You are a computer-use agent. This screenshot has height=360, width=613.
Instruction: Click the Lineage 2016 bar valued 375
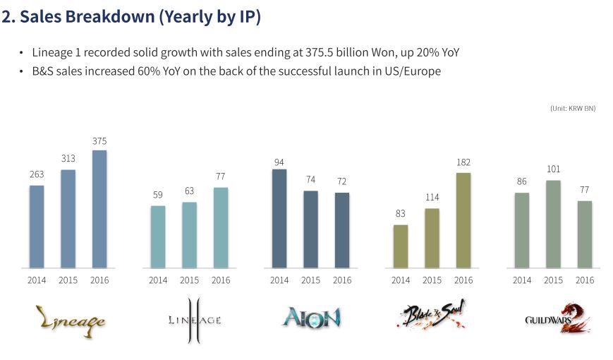pyautogui.click(x=99, y=209)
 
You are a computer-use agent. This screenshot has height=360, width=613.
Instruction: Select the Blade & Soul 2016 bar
pyautogui.click(x=463, y=220)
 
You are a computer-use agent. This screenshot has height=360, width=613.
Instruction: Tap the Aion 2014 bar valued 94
pyautogui.click(x=279, y=218)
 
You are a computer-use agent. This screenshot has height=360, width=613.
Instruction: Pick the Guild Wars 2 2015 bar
pyautogui.click(x=553, y=224)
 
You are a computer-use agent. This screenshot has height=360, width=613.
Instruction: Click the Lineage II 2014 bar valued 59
pyautogui.click(x=158, y=236)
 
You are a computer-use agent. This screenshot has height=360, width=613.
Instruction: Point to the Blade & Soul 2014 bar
pyautogui.click(x=401, y=246)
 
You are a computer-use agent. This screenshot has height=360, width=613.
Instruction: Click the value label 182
pyautogui.click(x=463, y=162)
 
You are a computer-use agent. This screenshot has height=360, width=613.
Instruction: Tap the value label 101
pyautogui.click(x=553, y=169)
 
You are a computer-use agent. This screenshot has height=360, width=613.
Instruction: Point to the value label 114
pyautogui.click(x=432, y=197)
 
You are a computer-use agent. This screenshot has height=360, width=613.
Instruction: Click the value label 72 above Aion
pyautogui.click(x=342, y=181)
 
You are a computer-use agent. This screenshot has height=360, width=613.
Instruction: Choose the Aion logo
pyautogui.click(x=311, y=318)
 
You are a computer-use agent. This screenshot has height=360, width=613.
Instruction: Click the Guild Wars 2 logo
pyautogui.click(x=554, y=318)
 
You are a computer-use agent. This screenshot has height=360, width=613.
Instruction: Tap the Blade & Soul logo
pyautogui.click(x=431, y=316)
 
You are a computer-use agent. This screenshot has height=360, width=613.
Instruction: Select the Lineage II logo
pyautogui.click(x=194, y=320)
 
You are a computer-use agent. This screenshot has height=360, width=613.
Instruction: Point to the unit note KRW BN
pyautogui.click(x=573, y=108)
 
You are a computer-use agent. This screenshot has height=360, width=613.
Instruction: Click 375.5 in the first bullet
pyautogui.click(x=323, y=53)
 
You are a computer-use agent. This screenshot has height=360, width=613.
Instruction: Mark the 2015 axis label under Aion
pyautogui.click(x=310, y=280)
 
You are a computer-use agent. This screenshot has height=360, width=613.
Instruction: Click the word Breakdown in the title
pyautogui.click(x=111, y=18)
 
